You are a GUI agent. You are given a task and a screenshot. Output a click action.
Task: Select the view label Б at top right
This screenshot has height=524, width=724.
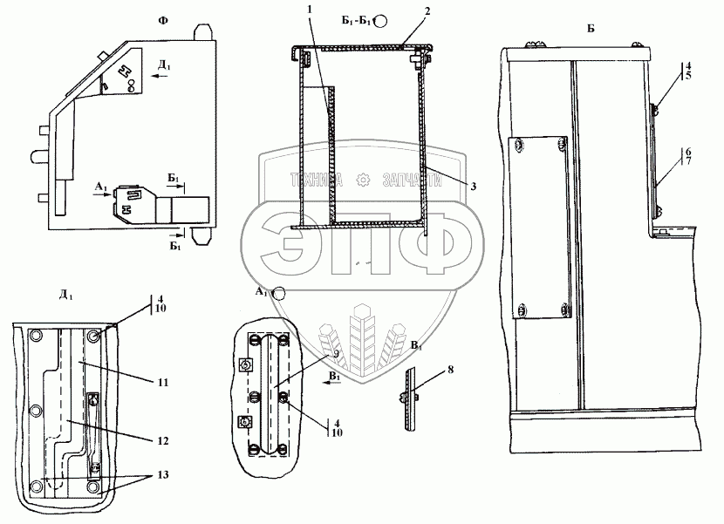591,29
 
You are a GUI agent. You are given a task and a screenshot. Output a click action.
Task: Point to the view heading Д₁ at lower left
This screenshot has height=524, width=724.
66,295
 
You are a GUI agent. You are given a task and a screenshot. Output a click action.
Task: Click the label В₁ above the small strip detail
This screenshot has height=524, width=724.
416,347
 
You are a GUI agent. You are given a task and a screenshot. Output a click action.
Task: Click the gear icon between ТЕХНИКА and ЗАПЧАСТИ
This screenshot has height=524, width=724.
361,180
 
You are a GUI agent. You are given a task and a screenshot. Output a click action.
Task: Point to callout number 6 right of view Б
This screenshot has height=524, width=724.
688,151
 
